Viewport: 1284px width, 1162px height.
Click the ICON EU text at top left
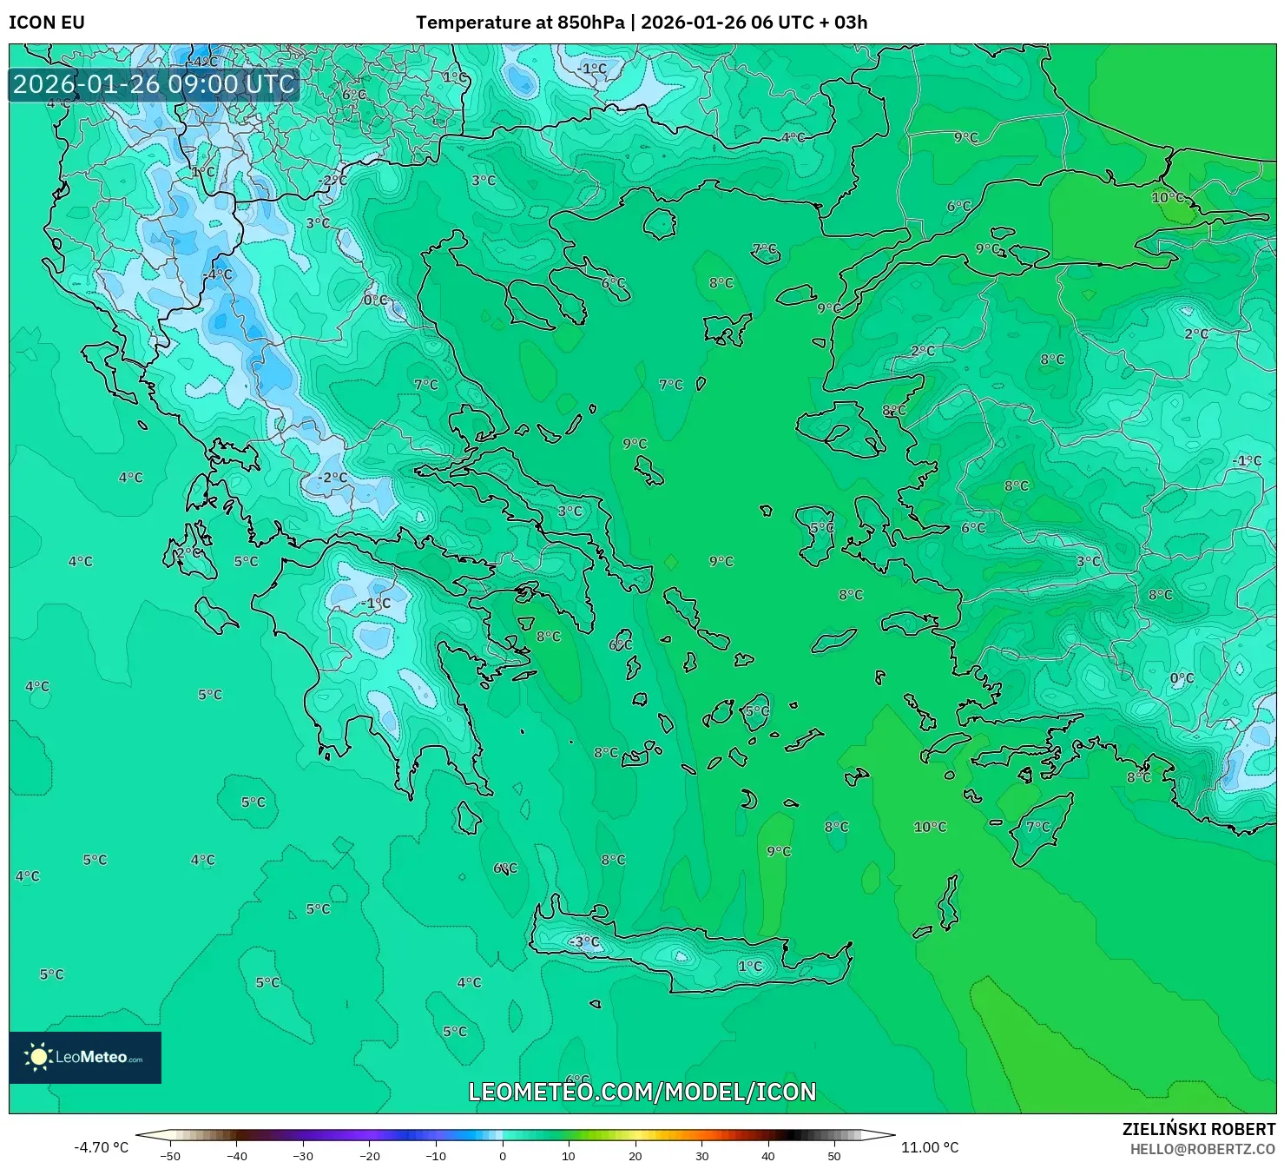47,23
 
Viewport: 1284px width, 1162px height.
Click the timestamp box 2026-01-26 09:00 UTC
154,84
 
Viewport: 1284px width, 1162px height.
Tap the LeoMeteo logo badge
85,1057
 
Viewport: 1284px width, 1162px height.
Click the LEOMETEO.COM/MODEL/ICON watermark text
642,1092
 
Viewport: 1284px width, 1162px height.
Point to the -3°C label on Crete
584,941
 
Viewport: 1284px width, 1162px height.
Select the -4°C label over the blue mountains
218,274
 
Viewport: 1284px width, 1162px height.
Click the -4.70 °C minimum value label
101,1147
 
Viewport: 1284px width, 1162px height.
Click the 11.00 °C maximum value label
930,1147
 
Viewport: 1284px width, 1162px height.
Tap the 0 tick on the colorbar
503,1156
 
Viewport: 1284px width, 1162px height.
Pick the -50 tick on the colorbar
170,1156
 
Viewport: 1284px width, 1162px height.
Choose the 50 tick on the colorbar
834,1156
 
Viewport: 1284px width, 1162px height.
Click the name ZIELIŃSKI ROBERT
1199,1129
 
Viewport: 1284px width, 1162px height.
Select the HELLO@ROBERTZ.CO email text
1202,1149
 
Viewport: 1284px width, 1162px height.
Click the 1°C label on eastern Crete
750,966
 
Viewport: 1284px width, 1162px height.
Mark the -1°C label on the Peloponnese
376,603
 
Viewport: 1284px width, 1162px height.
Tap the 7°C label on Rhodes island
1038,826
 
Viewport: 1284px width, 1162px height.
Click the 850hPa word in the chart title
590,23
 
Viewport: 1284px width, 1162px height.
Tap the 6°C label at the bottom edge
577,1079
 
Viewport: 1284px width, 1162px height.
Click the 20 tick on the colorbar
635,1156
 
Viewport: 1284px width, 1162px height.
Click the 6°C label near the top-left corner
354,95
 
